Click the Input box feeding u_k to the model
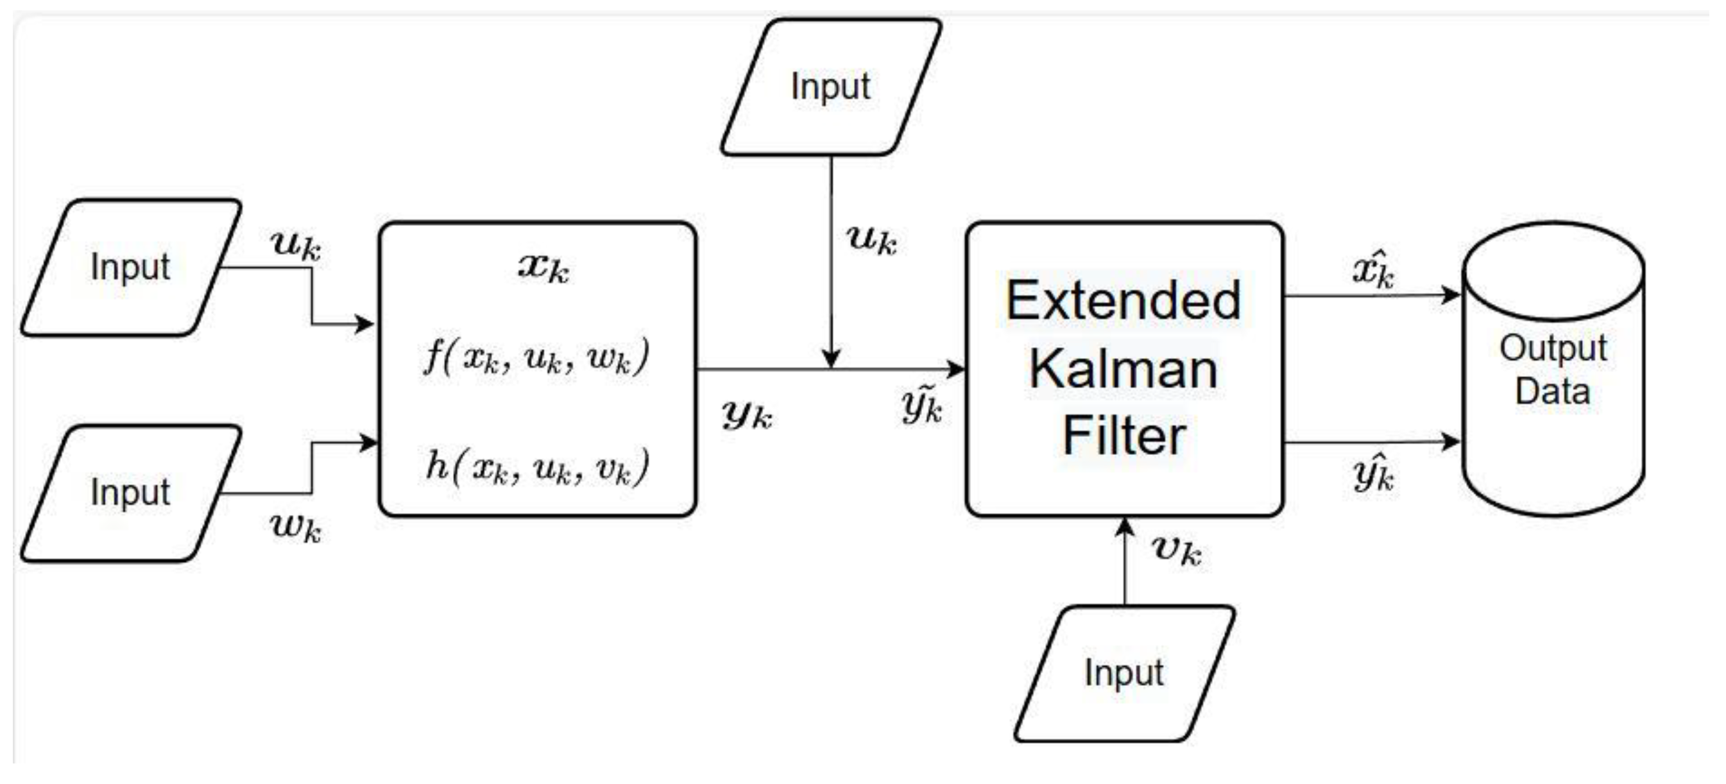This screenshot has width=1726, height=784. [131, 267]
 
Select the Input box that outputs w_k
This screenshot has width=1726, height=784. [131, 493]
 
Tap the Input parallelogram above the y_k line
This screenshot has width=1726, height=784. [831, 87]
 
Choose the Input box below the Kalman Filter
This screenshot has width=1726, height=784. [1124, 673]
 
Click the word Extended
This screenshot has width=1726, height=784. [1124, 300]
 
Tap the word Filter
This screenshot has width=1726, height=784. [1124, 436]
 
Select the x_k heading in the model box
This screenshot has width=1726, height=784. [543, 268]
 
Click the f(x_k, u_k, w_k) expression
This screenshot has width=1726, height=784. [536, 357]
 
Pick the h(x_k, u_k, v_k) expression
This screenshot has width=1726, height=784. [536, 466]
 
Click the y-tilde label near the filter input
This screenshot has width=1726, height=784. [922, 406]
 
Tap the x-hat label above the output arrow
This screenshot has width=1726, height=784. [1374, 269]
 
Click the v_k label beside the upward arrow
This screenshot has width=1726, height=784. [1177, 551]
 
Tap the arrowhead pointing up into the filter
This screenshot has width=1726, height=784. [1124, 527]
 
